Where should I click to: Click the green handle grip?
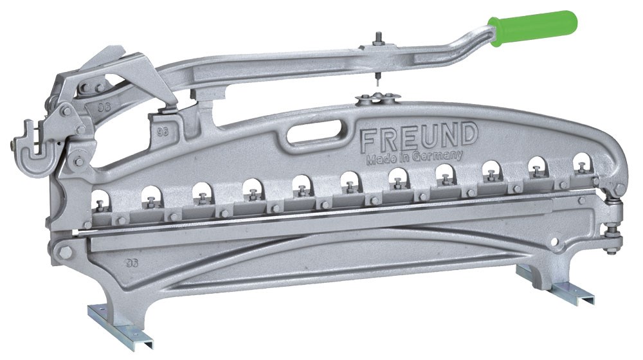click(533, 28)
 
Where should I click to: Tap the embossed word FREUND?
click(419, 136)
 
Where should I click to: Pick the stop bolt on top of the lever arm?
click(377, 41)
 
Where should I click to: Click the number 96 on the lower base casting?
click(132, 263)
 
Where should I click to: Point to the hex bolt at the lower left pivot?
click(64, 251)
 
